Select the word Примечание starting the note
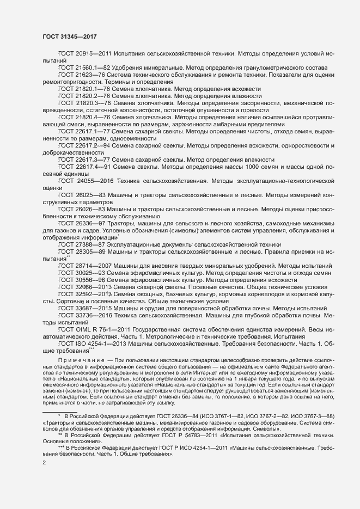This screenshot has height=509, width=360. (82, 361)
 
